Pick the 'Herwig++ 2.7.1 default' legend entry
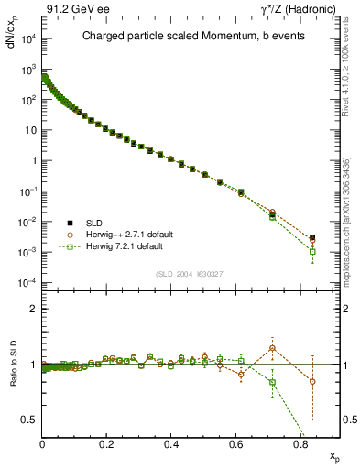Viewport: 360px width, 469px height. pyautogui.click(x=120, y=234)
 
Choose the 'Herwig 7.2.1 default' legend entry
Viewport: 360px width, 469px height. pyautogui.click(x=116, y=247)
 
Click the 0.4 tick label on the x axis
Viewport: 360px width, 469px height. pyautogui.click(x=171, y=443)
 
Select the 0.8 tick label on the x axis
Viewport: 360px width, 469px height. pyautogui.click(x=300, y=443)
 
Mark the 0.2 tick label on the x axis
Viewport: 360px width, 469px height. pyautogui.click(x=107, y=443)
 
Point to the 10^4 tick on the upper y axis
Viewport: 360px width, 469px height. pyautogui.click(x=27, y=38)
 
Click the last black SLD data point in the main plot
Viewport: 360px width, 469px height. pyautogui.click(x=312, y=237)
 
